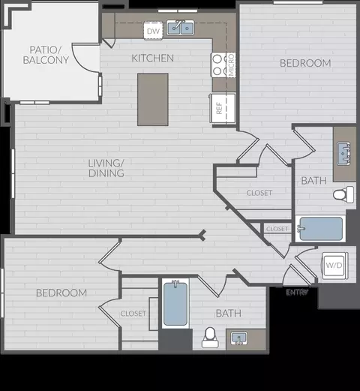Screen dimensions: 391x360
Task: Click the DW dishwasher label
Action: (152, 31)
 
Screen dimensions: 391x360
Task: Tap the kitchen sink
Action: (181, 29)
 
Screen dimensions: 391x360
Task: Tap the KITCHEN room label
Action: (152, 58)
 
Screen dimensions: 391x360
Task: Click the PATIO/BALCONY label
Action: (46, 53)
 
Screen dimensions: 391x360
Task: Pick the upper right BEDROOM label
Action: (305, 63)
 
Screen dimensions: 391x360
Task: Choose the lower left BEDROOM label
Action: (61, 292)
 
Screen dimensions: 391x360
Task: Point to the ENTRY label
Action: (297, 292)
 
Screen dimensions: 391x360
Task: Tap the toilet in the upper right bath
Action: (343, 195)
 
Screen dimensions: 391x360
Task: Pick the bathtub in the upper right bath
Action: (320, 228)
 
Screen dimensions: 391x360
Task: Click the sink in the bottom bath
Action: (241, 338)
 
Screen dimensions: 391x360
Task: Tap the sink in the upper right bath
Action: (345, 152)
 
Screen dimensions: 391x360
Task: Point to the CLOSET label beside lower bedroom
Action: (133, 313)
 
